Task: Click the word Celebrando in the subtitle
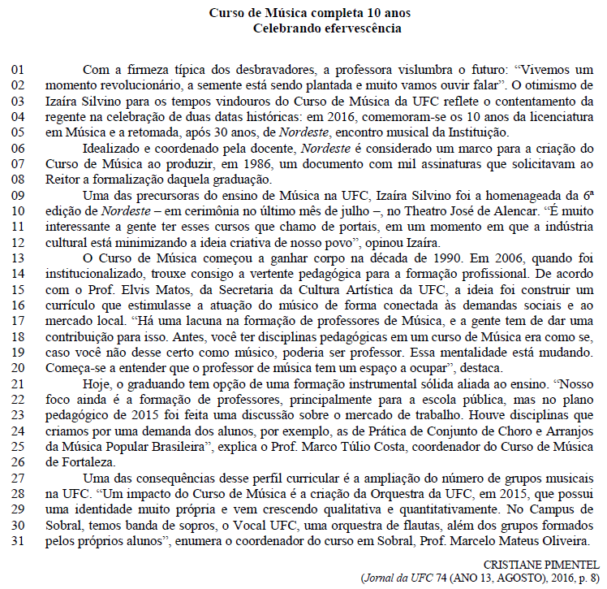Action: click(x=288, y=29)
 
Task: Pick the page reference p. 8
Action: click(x=588, y=578)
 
